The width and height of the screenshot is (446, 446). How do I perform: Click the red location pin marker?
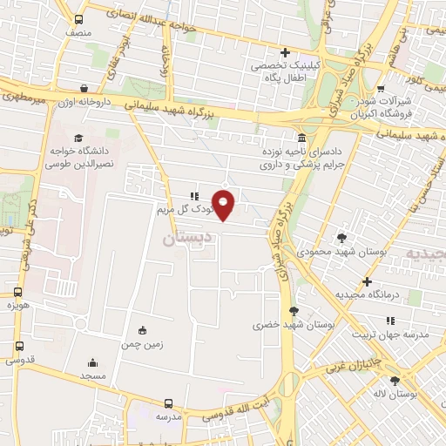224,205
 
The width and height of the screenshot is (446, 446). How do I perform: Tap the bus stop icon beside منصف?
79,19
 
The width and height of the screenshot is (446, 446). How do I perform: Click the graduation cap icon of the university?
78,138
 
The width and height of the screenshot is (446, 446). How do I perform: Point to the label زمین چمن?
142,344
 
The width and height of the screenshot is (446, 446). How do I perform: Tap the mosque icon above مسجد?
93,362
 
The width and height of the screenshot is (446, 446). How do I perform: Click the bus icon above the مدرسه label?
169,403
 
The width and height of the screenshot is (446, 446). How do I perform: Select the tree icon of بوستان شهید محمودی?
341,237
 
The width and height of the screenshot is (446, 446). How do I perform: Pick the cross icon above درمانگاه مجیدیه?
368,281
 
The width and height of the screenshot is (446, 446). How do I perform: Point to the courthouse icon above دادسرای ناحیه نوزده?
301,139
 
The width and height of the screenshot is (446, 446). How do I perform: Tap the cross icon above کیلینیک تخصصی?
285,52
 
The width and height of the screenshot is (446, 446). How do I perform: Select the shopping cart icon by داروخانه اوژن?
84,88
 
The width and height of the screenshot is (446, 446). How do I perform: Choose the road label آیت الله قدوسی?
245,413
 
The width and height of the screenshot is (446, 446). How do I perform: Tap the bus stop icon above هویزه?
17,294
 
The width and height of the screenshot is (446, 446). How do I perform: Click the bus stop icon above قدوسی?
18,345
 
